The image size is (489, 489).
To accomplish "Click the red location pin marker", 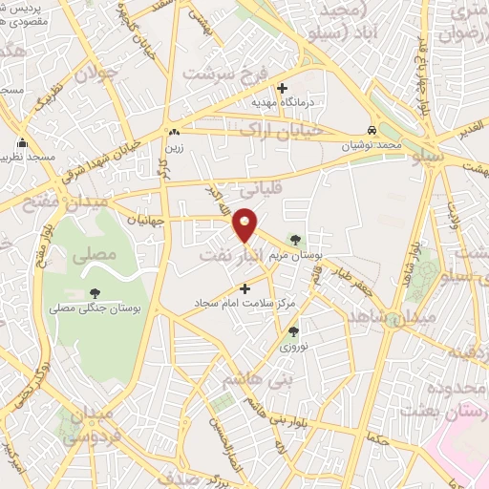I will [x=245, y=224].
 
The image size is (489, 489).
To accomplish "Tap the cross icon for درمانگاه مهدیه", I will [x=282, y=87].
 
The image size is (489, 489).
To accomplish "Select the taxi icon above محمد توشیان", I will [x=372, y=130].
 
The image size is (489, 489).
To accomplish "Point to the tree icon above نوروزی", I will [x=293, y=331].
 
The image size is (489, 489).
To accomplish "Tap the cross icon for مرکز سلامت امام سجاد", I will [x=244, y=287].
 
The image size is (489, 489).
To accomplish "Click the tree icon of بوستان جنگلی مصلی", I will [x=94, y=293].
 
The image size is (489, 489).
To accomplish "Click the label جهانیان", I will [x=145, y=219].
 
